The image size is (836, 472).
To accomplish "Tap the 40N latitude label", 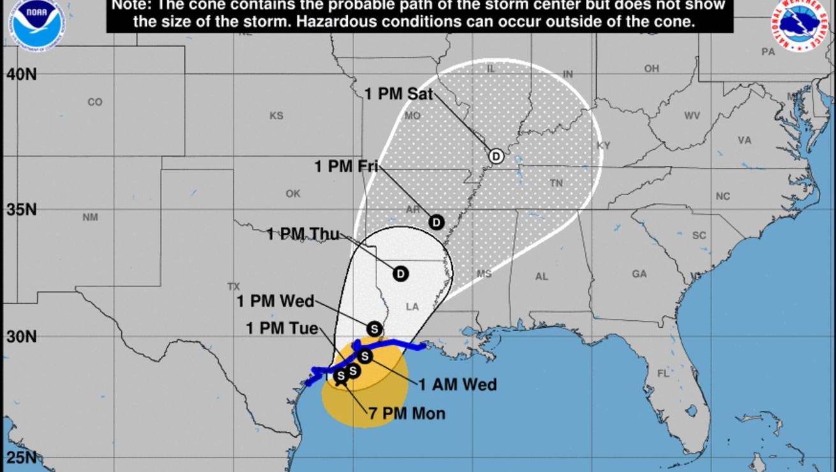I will [x=22, y=75].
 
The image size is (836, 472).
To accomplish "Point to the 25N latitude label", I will [x=22, y=457].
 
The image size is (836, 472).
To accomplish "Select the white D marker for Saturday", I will [x=496, y=156].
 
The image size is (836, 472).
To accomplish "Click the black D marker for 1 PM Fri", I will [x=436, y=222].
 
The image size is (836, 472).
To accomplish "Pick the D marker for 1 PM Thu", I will [x=400, y=274].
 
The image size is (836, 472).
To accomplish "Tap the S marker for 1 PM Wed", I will [x=375, y=328].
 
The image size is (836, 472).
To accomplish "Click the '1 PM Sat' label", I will [x=399, y=94].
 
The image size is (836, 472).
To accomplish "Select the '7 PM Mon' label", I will [x=407, y=413].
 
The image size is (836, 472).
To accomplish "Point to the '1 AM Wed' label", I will [x=457, y=385].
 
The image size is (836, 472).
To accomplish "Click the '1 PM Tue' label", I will [x=282, y=328].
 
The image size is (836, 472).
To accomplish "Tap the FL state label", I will [x=664, y=373].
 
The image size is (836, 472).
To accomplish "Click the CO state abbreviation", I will [x=94, y=102].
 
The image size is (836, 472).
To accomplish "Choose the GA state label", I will [x=639, y=274].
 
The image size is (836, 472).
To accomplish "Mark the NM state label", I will [x=90, y=218].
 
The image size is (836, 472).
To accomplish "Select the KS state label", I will [x=276, y=115].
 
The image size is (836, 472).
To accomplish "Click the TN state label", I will [x=556, y=183].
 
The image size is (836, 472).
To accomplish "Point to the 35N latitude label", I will [x=22, y=210].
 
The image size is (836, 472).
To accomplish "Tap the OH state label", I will [x=652, y=68].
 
